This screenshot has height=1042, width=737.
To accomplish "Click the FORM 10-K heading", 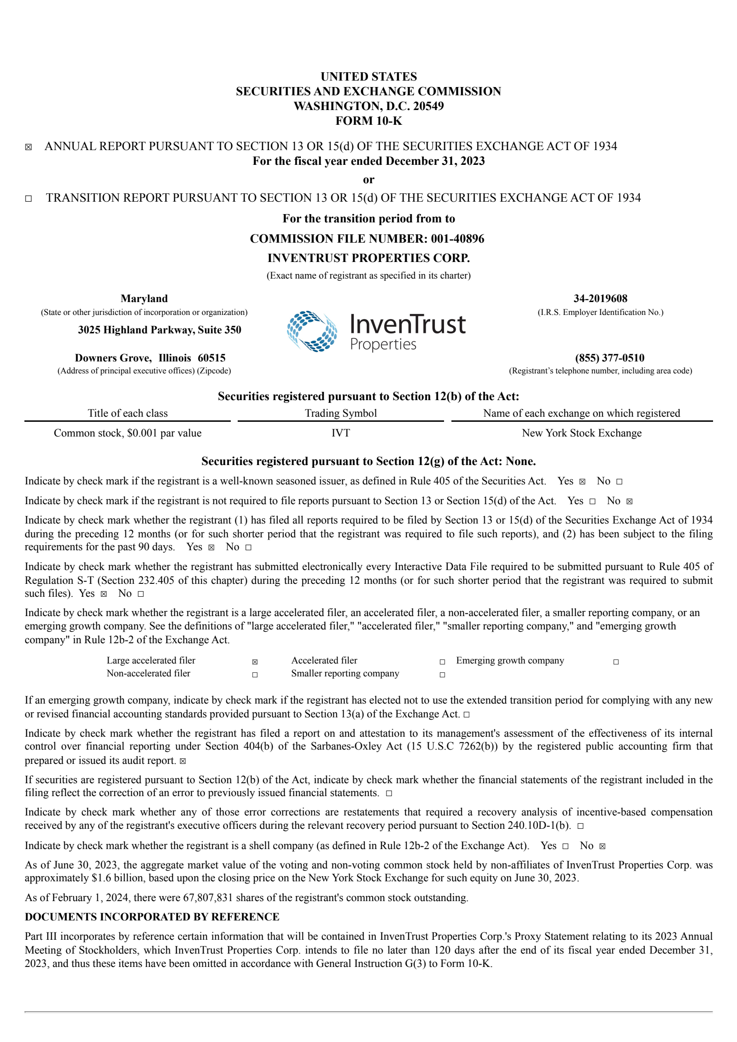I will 368,121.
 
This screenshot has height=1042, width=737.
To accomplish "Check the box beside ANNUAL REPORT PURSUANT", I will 29,147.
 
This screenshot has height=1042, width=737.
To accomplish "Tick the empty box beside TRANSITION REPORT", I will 29,199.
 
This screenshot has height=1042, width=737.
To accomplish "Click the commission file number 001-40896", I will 457,239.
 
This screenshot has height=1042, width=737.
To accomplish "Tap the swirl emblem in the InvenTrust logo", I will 312,332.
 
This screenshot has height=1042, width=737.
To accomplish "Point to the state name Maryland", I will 144,298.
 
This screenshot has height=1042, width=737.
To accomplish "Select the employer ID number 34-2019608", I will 600,298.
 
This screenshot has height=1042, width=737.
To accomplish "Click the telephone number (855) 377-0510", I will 609,358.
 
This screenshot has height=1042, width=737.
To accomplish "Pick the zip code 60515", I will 211,358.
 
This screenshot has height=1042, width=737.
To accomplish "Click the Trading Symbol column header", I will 340,413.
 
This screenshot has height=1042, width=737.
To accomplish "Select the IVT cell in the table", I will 340,433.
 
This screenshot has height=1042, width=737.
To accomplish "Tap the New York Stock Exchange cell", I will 581,433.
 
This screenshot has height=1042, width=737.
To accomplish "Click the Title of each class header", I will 128,413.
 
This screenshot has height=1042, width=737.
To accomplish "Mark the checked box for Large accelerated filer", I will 255,662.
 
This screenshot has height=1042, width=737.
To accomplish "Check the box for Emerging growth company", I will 616,662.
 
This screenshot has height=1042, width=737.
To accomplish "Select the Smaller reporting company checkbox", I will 442,675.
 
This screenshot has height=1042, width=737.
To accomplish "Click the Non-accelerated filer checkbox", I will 255,675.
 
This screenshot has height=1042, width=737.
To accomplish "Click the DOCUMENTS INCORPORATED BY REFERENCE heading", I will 152,917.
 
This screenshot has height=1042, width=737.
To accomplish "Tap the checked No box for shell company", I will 602,846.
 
